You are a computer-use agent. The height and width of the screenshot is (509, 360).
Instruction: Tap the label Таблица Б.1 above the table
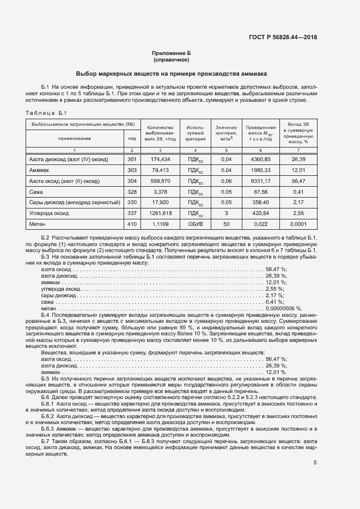46,113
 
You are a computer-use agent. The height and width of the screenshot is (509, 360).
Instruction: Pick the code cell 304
131,181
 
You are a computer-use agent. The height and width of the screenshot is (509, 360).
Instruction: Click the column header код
131,138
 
